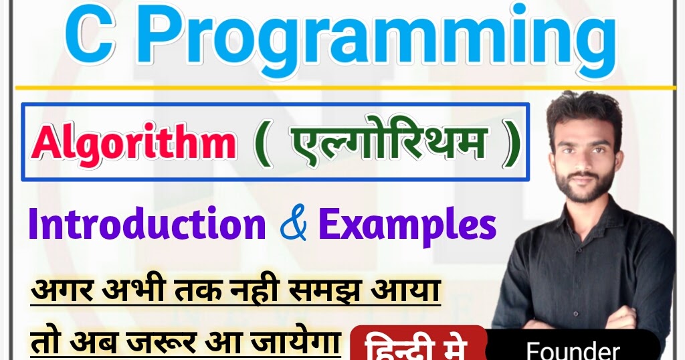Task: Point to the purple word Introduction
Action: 147,226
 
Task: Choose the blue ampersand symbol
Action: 292,226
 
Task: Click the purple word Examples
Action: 407,226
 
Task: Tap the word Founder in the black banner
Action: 573,350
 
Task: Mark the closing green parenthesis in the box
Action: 510,143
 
